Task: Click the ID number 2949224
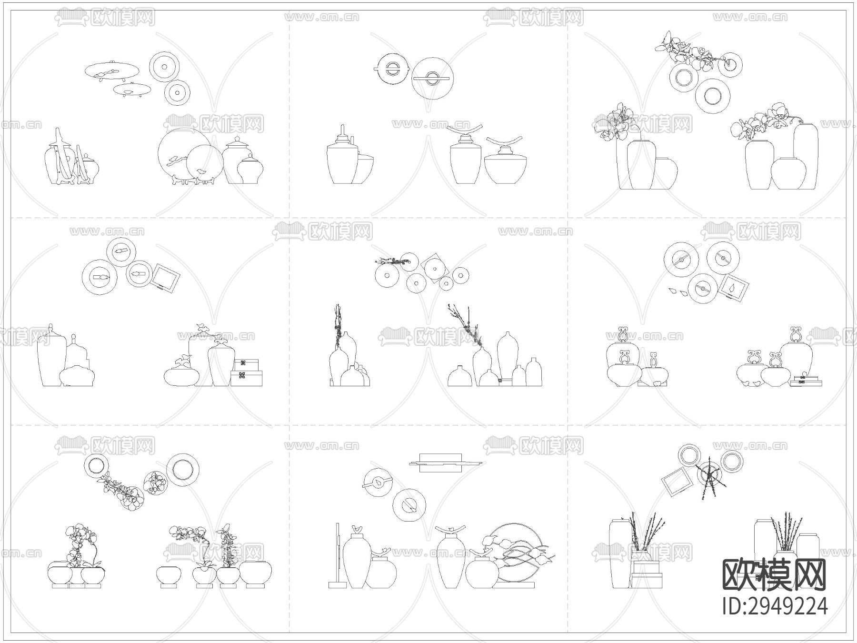click(x=775, y=606)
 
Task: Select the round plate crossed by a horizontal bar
click(x=432, y=78)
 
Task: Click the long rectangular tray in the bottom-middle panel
click(x=445, y=462)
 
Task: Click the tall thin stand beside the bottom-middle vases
click(x=338, y=555)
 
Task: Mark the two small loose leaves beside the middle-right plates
click(x=678, y=291)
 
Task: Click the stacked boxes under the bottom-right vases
click(x=647, y=574)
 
